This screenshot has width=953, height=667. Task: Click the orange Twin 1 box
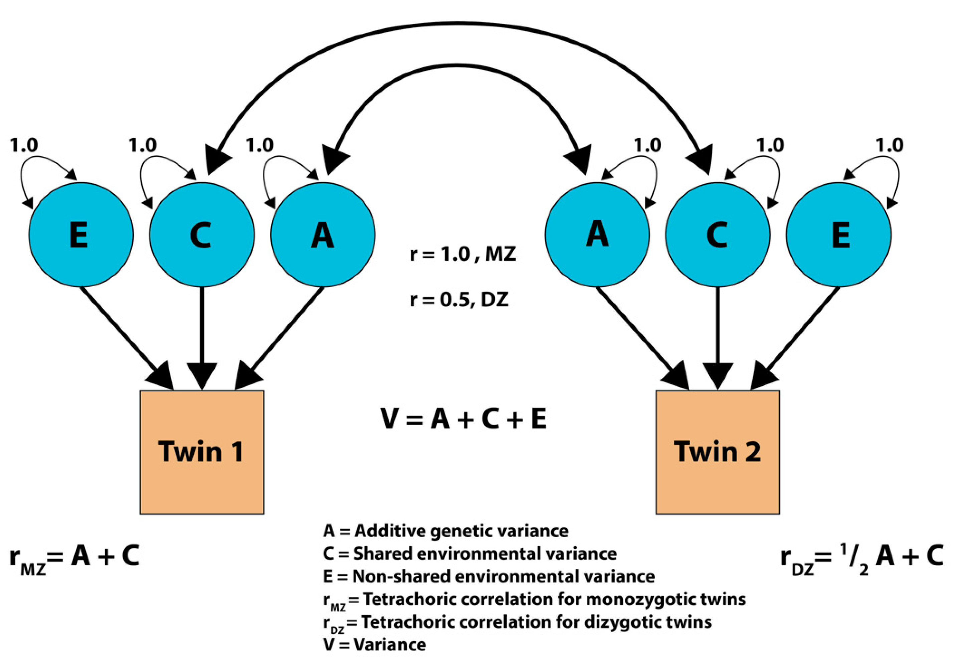[202, 452]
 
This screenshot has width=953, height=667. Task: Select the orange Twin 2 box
[717, 452]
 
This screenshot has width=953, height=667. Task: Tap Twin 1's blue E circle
[81, 235]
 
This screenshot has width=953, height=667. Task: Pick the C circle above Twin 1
[202, 235]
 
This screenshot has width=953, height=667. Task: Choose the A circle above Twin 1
[323, 235]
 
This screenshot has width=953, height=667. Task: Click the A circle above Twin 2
[597, 235]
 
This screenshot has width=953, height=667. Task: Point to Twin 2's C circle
[717, 235]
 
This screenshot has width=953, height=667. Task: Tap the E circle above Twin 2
[838, 235]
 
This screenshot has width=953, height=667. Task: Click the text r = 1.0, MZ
[463, 254]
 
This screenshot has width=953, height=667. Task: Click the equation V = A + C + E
[463, 419]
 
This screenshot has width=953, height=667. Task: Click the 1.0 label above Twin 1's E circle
[24, 145]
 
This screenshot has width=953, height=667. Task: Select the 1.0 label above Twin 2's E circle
[889, 145]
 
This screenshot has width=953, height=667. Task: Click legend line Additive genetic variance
[445, 531]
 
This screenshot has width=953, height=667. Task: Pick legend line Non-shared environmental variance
[489, 577]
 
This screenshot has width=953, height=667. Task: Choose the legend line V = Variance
[374, 645]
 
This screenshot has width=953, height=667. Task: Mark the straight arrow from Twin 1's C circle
[202, 332]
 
